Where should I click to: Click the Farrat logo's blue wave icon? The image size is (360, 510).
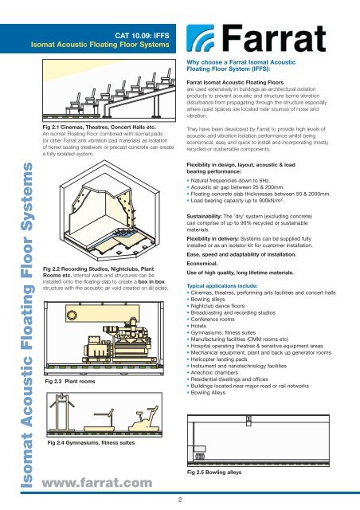click(201, 38)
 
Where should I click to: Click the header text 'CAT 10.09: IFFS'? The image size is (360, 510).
click(142, 35)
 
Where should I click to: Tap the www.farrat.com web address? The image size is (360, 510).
click(97, 483)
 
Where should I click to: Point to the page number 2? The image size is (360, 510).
click(180, 500)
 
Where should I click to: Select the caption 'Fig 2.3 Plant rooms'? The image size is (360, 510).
click(70, 381)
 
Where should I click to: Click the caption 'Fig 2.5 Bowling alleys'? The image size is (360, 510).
click(214, 473)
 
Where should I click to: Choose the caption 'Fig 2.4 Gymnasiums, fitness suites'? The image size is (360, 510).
click(91, 443)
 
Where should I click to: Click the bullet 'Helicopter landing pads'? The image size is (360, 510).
click(217, 359)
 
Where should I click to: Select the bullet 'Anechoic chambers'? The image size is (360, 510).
click(213, 372)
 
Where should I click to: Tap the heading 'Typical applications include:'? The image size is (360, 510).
click(222, 286)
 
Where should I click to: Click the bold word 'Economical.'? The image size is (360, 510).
click(202, 264)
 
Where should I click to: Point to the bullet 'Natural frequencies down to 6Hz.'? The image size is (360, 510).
click(229, 181)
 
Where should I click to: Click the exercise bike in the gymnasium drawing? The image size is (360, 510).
click(145, 420)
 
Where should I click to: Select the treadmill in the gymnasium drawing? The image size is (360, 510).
click(99, 422)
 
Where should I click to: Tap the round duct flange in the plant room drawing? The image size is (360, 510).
click(72, 316)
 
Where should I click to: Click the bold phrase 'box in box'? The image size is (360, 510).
click(151, 281)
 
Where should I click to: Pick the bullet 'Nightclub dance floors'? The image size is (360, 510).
click(216, 306)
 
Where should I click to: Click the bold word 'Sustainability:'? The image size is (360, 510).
click(204, 216)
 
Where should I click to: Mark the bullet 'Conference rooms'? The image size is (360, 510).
click(211, 319)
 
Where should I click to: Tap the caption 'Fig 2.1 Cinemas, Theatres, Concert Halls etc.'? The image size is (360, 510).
click(100, 127)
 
